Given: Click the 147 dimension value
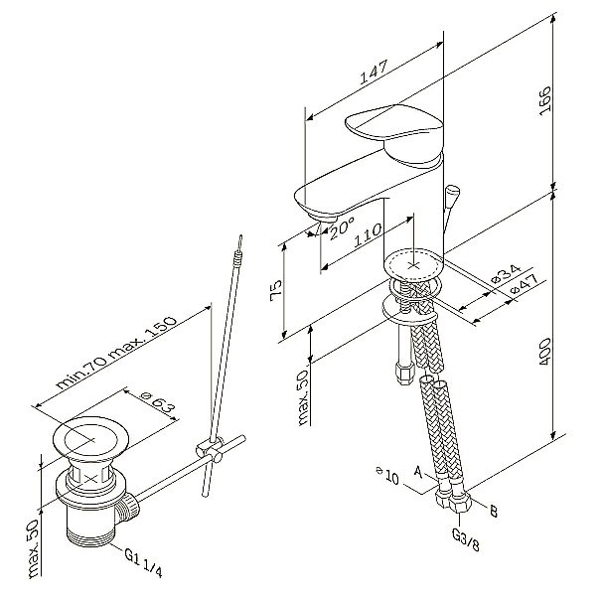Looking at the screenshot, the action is click(374, 73).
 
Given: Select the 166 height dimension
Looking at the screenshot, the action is click(544, 100).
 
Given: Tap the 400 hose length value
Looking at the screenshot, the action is click(544, 353).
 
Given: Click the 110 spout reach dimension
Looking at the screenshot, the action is click(368, 235).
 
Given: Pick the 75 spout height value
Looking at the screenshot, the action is click(276, 290).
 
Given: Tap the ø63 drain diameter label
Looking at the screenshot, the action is click(158, 401).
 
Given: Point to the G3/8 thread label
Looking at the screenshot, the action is click(465, 539).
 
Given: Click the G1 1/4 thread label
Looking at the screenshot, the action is click(143, 563).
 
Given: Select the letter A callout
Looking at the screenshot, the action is click(418, 472).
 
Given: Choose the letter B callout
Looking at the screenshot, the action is click(494, 511).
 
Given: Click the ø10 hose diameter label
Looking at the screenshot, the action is click(387, 476).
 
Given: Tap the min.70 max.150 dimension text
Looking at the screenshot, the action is click(116, 353).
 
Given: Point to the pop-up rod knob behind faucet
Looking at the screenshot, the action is click(452, 192).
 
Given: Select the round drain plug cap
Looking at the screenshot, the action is click(90, 439).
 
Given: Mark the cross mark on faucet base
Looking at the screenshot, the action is click(413, 266).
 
